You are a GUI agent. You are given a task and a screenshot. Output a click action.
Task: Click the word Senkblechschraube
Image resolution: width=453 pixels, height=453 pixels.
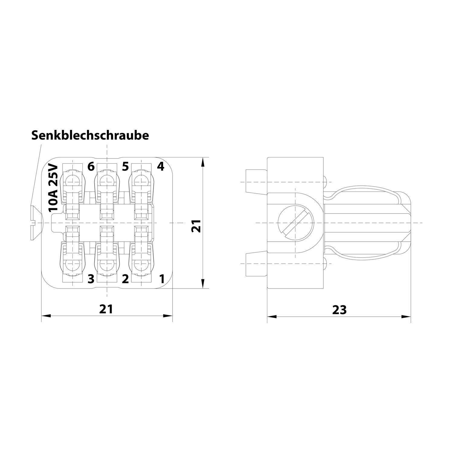click(90, 135)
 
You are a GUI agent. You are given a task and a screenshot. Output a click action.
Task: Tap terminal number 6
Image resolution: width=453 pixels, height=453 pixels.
click(91, 166)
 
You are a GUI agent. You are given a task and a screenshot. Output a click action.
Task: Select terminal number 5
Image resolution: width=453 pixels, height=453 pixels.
click(125, 166)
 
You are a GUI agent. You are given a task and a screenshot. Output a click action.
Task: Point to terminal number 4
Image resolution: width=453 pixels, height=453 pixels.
click(160, 166)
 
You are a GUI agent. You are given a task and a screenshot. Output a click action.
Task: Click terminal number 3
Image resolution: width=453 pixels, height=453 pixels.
click(91, 279)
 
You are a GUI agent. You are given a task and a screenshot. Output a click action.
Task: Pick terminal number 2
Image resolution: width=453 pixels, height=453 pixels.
click(125, 279)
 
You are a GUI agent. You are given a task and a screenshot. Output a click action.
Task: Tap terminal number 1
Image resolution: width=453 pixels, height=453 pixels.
click(162, 279)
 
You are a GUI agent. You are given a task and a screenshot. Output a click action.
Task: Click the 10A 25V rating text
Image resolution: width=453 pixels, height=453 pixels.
click(53, 188)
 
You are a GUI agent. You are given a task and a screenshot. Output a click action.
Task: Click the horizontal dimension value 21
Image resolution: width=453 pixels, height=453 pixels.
click(106, 309)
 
